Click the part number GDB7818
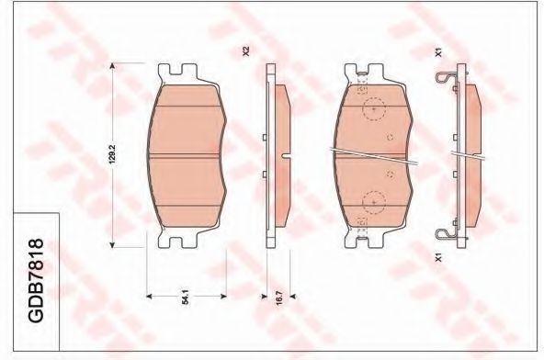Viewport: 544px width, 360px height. (x=37, y=280)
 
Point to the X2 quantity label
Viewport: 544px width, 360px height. (x=246, y=51)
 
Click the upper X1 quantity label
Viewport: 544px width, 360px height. (x=438, y=52)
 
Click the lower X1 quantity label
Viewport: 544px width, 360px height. (x=438, y=258)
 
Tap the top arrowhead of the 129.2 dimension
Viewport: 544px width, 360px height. (x=112, y=66)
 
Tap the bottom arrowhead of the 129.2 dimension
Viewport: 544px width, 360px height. (x=112, y=245)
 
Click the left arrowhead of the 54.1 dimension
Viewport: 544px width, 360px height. (x=150, y=297)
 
